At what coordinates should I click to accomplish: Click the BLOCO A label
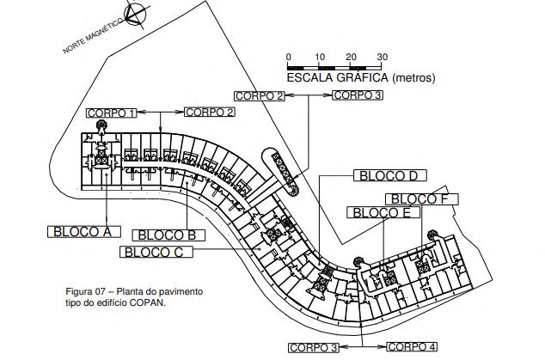(83, 231)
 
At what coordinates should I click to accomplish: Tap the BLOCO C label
(154, 252)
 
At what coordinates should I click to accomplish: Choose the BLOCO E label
(382, 212)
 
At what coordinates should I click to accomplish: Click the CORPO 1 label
(111, 113)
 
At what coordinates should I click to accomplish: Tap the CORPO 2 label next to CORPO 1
(210, 113)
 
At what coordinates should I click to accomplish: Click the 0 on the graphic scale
(288, 58)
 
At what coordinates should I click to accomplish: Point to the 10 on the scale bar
(320, 58)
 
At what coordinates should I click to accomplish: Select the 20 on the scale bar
(351, 58)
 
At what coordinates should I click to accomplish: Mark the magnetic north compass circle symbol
(134, 15)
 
